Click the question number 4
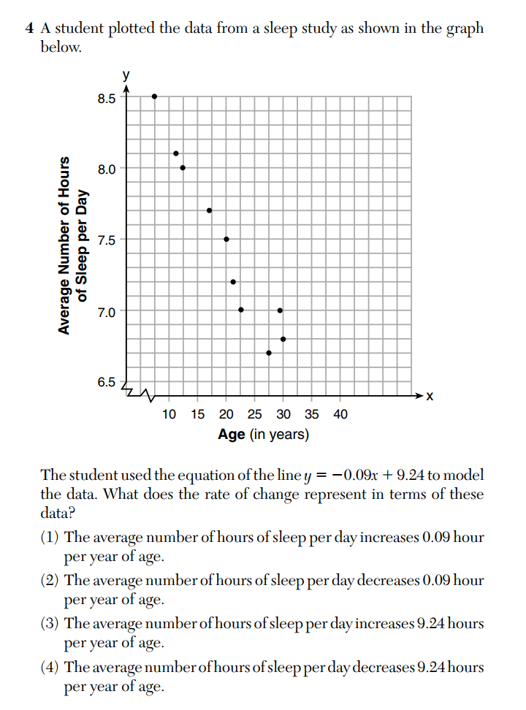[x=28, y=29]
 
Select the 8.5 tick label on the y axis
[x=107, y=99]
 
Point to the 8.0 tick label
[x=107, y=169]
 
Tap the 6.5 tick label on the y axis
[x=107, y=382]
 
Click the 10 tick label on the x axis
[x=169, y=414]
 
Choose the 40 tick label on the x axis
[x=340, y=414]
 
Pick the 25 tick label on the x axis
[x=254, y=414]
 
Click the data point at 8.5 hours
[x=154, y=96]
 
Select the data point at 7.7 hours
[x=210, y=210]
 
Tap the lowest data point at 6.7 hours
[x=269, y=353]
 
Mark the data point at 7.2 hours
[x=233, y=281]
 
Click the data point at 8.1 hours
[x=176, y=153]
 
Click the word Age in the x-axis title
[x=232, y=435]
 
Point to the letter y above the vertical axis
[x=126, y=75]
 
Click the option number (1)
[x=50, y=538]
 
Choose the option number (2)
[x=50, y=581]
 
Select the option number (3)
[x=50, y=624]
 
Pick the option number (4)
[x=50, y=667]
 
